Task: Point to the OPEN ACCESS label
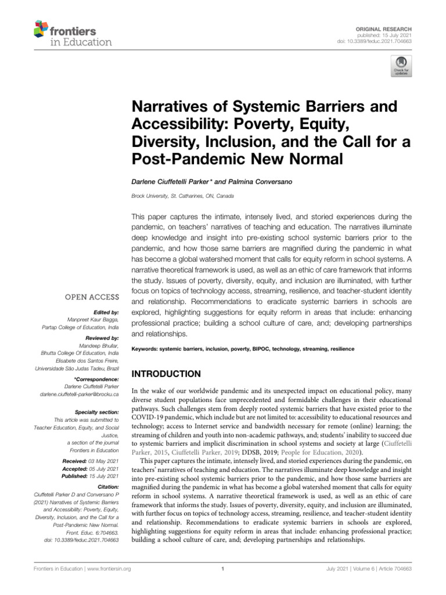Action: [x=93, y=297]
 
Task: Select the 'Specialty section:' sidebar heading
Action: [x=96, y=411]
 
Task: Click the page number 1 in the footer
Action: [x=223, y=569]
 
